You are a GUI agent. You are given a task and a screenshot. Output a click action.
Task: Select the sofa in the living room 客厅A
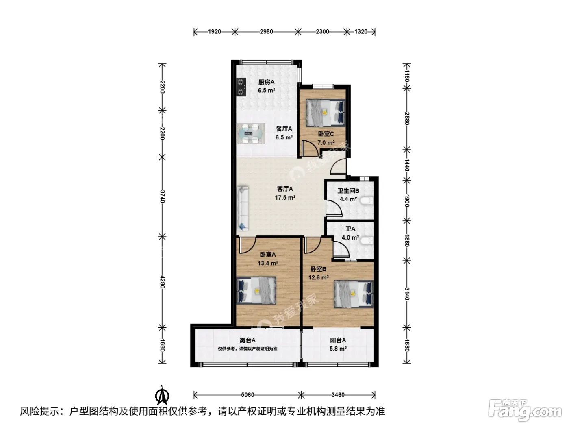coord(243,208)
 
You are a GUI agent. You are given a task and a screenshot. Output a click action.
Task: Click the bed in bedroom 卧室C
coord(326,113)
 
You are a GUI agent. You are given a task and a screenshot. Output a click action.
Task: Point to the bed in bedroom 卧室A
coord(256,290)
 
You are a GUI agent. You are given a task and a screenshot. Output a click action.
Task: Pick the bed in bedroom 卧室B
coord(354,294)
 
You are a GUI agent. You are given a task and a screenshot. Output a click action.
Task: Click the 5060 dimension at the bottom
coord(247,395)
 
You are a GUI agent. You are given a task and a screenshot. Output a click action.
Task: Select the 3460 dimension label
coord(338,395)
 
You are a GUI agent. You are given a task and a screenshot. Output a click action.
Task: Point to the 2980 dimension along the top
coord(266,32)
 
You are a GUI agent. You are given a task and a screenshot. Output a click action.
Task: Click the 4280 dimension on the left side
coord(162,282)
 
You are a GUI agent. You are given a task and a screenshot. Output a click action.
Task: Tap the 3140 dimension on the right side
coord(407,294)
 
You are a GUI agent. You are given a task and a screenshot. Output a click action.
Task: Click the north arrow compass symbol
coord(162,395)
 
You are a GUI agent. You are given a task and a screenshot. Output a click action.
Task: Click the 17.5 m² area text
coord(285,198)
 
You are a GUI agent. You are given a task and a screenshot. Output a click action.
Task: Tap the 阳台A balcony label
coord(338,340)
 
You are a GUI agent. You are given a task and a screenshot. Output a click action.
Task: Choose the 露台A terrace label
coord(248,340)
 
